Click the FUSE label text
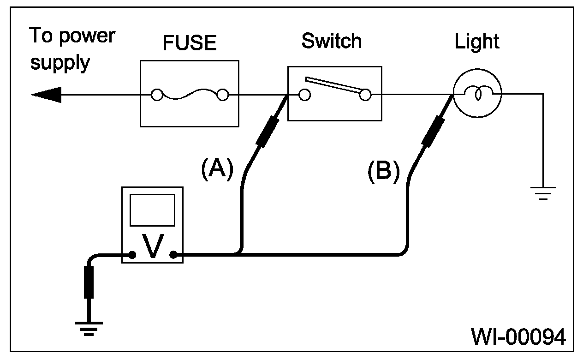coord(190,43)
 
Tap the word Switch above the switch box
coord(332,41)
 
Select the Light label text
coord(477,42)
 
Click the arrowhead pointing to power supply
coord(46,95)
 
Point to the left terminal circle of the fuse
coord(157,96)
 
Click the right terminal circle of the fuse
coord(223,96)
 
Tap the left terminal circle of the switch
coord(304,95)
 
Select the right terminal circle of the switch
coord(365,95)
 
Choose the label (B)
coord(383,171)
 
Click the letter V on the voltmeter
coord(152,246)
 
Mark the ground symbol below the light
coord(544,192)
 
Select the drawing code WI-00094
coord(518,337)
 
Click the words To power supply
coord(72,48)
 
